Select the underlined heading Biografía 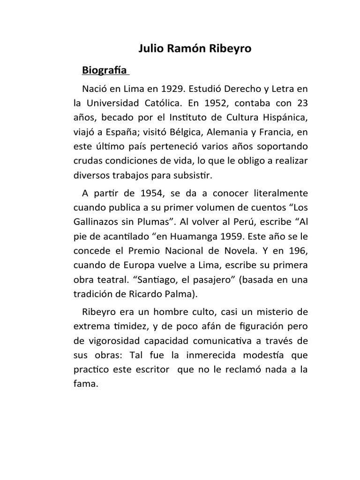[105, 71]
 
